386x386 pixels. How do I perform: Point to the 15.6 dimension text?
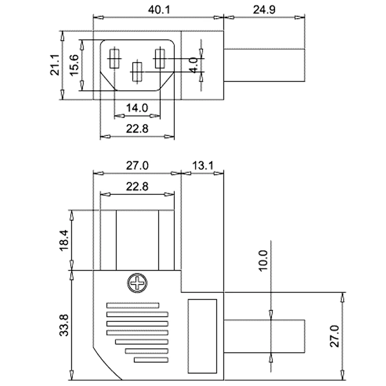pos(74,64)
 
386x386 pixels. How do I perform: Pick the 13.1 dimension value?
pos(203,166)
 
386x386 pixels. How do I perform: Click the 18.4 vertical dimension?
pos(64,240)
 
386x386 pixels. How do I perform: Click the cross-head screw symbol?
pos(138,284)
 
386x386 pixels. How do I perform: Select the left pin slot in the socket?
pos(114,59)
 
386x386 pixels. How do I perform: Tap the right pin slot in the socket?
pos(159,59)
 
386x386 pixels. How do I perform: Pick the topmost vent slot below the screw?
pos(133,305)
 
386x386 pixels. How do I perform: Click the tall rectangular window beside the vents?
pos(202,336)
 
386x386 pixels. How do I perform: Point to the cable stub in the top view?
pos(264,65)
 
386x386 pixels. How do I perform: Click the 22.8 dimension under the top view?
pos(137,129)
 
